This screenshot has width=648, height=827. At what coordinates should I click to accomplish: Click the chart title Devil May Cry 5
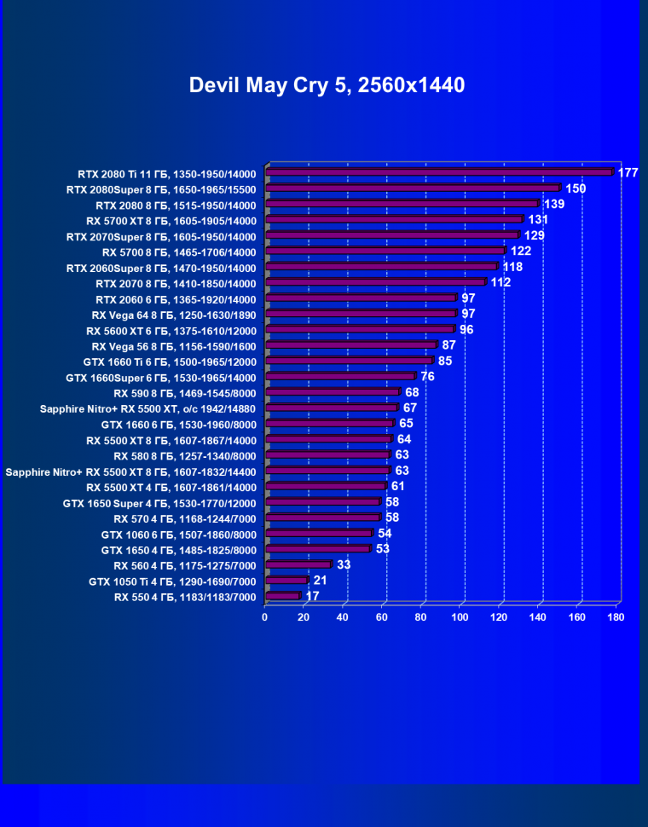327,85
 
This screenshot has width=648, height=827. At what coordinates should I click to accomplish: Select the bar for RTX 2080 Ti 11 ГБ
439,172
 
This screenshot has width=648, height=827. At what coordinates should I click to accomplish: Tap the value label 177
628,173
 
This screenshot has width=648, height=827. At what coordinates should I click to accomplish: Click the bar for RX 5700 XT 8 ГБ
394,220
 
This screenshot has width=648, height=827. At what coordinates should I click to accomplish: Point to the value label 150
576,188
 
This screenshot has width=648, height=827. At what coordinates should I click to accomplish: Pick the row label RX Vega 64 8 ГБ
173,314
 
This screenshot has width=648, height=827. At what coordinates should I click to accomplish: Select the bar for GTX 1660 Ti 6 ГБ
350,361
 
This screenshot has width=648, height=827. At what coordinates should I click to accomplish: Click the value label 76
427,377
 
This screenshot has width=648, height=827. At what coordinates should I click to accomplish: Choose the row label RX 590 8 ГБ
184,393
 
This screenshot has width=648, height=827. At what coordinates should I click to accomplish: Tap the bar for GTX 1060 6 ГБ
319,534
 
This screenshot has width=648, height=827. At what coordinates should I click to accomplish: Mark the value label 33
344,564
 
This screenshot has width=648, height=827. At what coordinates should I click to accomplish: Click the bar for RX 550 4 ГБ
283,596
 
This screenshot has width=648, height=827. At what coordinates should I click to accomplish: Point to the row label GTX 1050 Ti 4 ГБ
172,581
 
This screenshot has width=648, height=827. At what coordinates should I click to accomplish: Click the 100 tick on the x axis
460,616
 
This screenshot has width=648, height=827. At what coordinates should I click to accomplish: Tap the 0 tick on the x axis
265,616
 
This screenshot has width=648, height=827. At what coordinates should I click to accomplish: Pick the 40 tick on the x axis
343,616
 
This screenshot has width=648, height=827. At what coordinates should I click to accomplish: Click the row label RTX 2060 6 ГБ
176,298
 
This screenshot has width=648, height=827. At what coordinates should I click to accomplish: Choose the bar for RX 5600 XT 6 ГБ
360,329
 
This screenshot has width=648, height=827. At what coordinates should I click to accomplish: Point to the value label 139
554,205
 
